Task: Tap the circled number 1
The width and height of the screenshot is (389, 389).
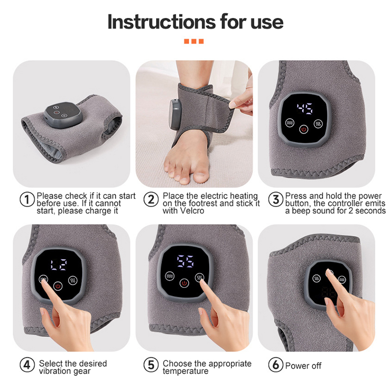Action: (27, 199)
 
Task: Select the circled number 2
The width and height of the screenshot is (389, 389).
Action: (151, 199)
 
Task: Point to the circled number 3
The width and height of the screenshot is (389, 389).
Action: (276, 199)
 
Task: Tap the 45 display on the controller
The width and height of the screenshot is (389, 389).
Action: (305, 108)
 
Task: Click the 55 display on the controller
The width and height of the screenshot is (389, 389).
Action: (185, 261)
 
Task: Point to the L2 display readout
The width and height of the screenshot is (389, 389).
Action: (58, 265)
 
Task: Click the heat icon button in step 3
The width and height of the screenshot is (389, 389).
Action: (318, 124)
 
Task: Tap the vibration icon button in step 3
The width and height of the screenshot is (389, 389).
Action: (290, 123)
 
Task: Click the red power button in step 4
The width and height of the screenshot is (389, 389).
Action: (58, 286)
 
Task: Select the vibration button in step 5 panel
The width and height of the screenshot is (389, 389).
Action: (170, 276)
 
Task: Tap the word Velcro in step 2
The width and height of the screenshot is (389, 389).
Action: (192, 211)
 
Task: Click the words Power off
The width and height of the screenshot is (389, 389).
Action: (303, 366)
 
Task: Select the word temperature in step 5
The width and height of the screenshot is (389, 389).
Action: (186, 371)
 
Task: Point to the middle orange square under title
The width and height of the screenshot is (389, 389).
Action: (194, 41)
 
